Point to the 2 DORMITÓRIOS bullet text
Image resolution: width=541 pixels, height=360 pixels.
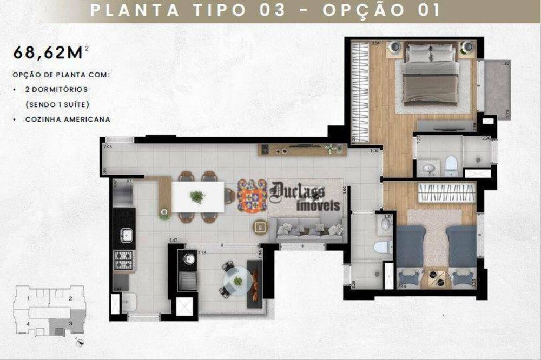pyautogui.click(x=56, y=89)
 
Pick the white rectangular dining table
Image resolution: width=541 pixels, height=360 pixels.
pyautogui.click(x=197, y=196)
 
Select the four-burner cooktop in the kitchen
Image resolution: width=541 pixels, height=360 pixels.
pyautogui.click(x=123, y=261)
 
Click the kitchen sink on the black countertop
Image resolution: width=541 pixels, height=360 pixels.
pyautogui.click(x=126, y=234)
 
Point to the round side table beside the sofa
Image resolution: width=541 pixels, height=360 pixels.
pyautogui.click(x=260, y=225)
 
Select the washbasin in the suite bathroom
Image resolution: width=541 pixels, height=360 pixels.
pyautogui.click(x=429, y=169)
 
